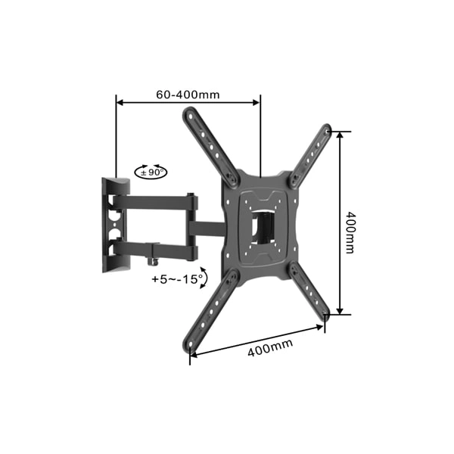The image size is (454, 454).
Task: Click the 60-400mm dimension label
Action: (188, 95)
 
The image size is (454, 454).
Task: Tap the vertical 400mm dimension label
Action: (350, 232)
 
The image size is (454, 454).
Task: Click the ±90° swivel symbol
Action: (151, 172)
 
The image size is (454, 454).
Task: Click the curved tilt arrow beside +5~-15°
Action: (204, 276)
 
